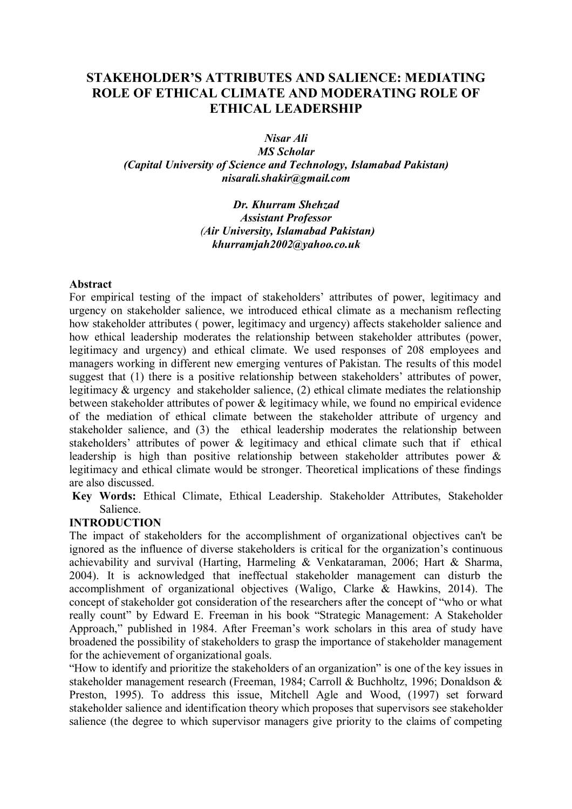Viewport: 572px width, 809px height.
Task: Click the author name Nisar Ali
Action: pyautogui.click(x=286, y=139)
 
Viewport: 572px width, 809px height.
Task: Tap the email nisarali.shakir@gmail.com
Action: pyautogui.click(x=286, y=178)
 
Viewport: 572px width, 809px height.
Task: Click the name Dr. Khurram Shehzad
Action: pyautogui.click(x=286, y=205)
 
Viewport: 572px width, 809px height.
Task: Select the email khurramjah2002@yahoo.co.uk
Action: pyautogui.click(x=286, y=244)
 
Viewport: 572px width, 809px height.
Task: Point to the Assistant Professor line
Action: pyautogui.click(x=286, y=218)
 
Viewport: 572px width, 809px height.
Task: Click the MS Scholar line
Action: pyautogui.click(x=286, y=152)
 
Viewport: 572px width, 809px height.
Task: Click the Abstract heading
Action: pyautogui.click(x=91, y=284)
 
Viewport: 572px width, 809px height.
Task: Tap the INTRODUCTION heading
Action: pyautogui.click(x=115, y=523)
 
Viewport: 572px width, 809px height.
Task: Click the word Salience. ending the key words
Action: pyautogui.click(x=120, y=509)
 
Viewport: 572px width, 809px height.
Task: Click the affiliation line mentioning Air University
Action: pyautogui.click(x=286, y=231)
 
